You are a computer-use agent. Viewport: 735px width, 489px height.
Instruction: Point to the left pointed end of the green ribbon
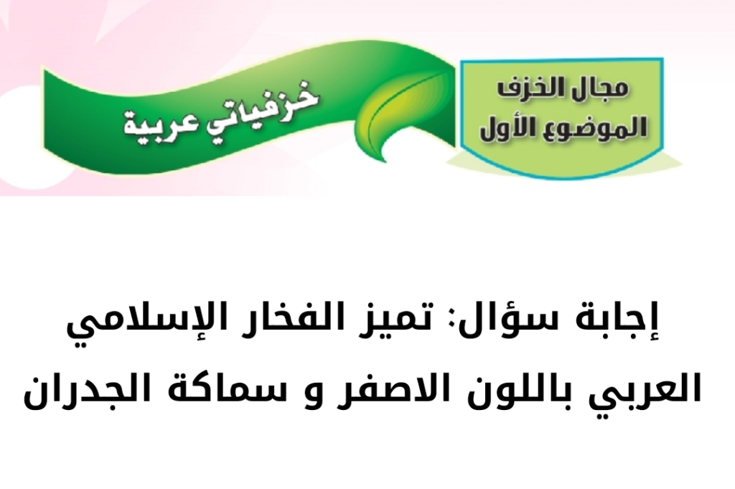click(x=45, y=70)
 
